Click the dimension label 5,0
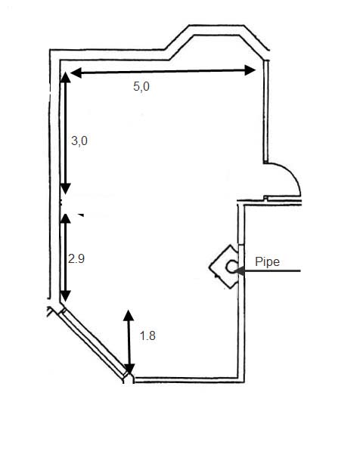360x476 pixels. (141, 87)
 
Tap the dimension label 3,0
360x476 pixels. (79, 141)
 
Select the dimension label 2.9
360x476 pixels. (76, 259)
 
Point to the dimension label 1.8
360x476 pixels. (147, 335)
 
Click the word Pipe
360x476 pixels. (267, 261)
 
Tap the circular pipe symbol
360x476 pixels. (231, 267)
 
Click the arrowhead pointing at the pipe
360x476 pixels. (239, 270)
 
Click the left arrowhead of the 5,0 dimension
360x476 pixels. (76, 73)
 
